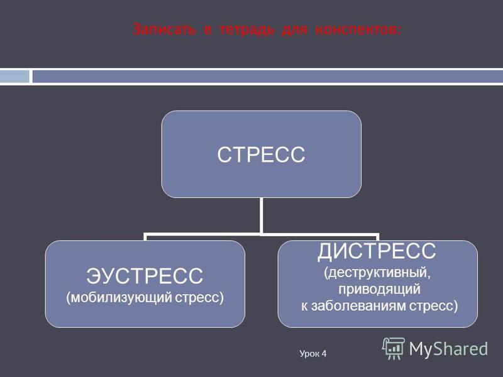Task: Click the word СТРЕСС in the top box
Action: [x=261, y=155]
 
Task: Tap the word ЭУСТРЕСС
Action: [x=145, y=276]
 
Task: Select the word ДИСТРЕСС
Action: [x=377, y=251]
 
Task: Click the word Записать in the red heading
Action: [x=164, y=30]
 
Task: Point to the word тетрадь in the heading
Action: [x=247, y=30]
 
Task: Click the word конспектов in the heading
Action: [x=358, y=30]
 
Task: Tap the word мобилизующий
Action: [x=119, y=298]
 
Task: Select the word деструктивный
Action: [x=377, y=273]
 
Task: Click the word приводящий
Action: [x=380, y=290]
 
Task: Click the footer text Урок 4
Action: [x=312, y=354]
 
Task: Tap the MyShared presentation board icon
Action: [x=394, y=349]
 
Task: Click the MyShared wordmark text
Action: [x=448, y=349]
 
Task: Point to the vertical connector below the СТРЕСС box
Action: [x=262, y=216]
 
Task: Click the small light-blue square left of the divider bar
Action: [x=14, y=77]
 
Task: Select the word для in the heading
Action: [x=294, y=30]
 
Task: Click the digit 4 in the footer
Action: [x=324, y=353]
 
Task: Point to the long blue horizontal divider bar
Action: [x=268, y=77]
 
